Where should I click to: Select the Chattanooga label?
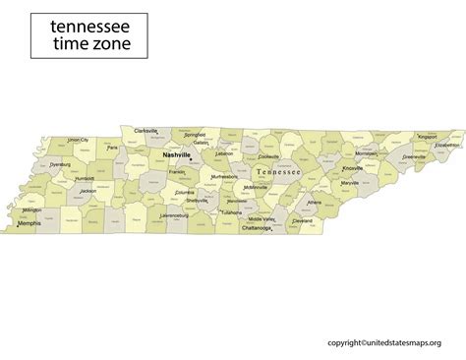click(x=258, y=227)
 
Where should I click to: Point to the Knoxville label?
click(x=353, y=168)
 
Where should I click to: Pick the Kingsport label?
click(x=427, y=137)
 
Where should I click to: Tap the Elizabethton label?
click(x=446, y=145)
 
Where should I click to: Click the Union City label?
click(x=78, y=140)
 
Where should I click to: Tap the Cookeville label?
click(x=268, y=156)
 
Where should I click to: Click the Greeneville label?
click(x=414, y=155)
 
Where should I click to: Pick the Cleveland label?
click(x=303, y=220)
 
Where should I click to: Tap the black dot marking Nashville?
click(x=190, y=160)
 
